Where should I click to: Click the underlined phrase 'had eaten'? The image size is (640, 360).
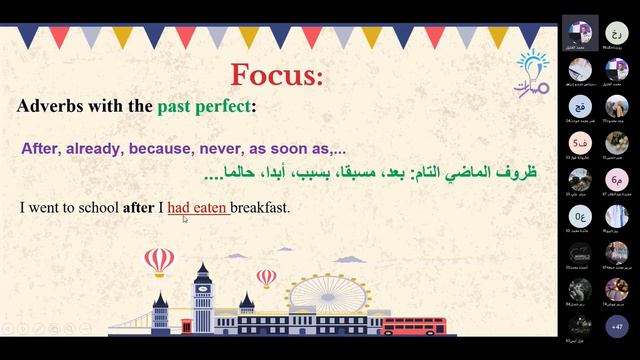tap(198, 208)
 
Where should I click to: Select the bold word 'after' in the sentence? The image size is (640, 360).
tap(138, 208)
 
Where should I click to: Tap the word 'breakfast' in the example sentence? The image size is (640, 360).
tap(260, 208)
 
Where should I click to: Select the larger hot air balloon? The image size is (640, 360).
tap(159, 263)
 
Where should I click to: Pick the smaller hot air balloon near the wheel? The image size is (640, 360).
tap(267, 277)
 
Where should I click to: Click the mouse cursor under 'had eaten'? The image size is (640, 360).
tap(186, 219)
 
